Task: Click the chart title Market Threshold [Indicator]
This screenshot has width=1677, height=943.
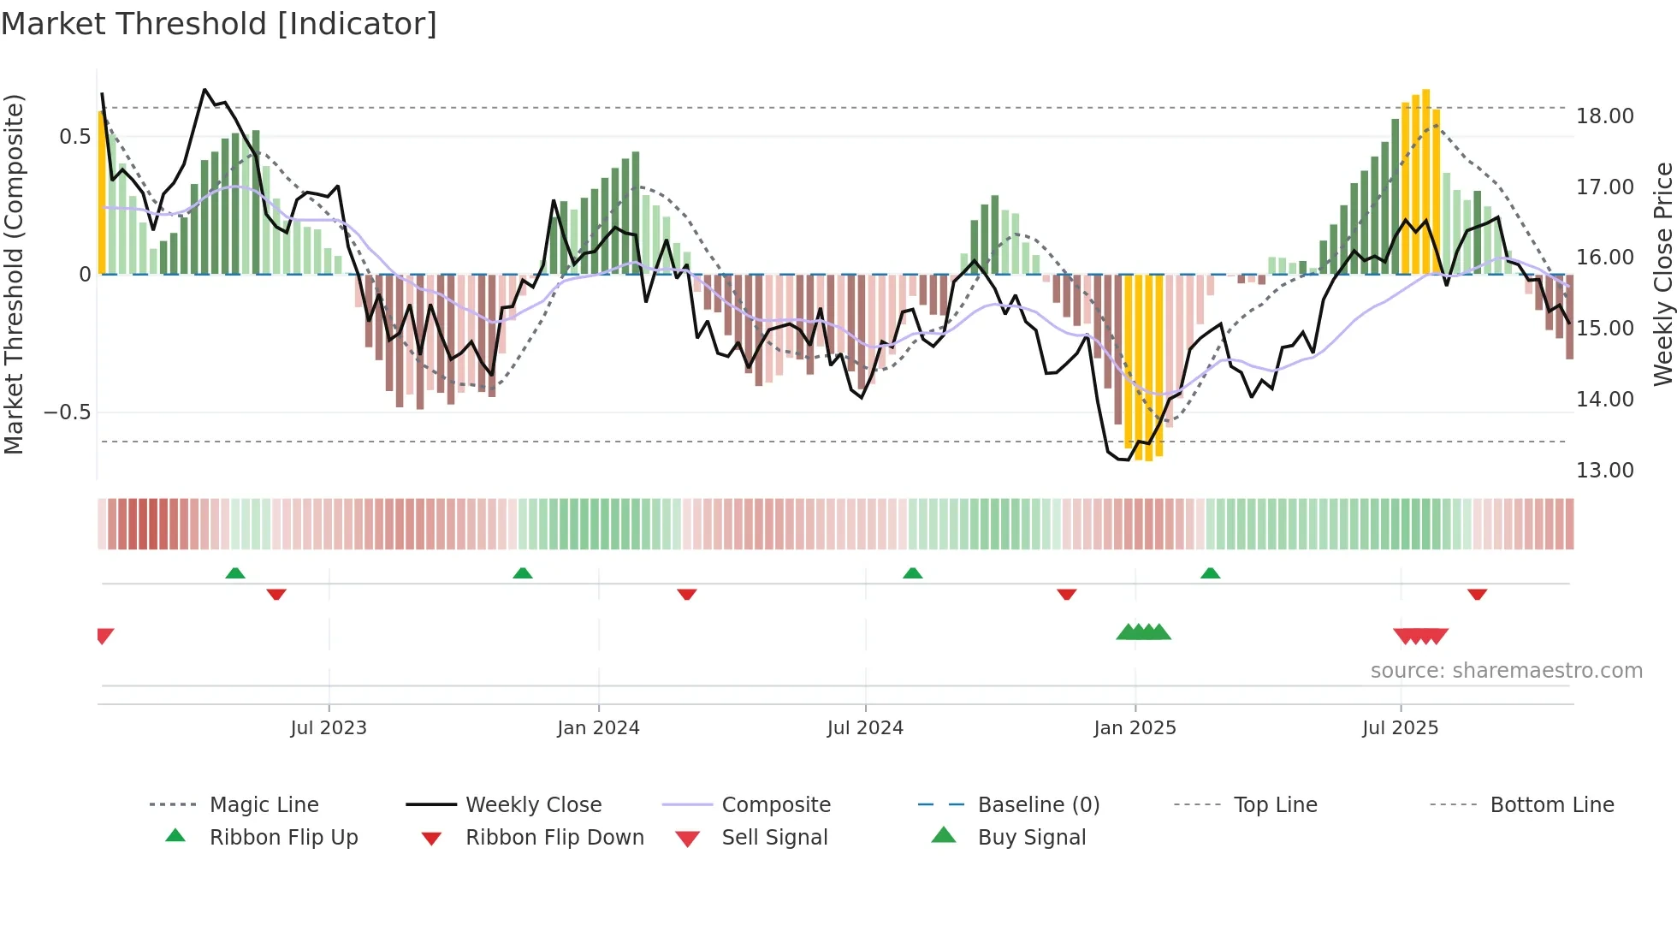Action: click(x=219, y=24)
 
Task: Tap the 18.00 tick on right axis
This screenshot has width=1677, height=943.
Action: click(x=1604, y=116)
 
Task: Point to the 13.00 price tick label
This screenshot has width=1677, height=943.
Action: click(x=1604, y=471)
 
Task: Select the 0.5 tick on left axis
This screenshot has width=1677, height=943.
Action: click(x=74, y=137)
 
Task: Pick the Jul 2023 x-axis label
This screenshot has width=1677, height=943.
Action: click(x=329, y=728)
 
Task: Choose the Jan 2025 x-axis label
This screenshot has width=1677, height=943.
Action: click(x=1135, y=728)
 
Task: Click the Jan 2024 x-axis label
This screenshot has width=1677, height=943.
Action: click(x=598, y=728)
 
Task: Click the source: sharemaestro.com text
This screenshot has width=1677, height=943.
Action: click(x=1506, y=671)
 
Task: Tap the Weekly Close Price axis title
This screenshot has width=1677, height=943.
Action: click(x=1662, y=274)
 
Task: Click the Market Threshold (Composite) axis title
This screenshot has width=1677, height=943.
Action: click(x=14, y=274)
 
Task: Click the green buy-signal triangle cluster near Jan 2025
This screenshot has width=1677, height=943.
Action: click(x=1144, y=632)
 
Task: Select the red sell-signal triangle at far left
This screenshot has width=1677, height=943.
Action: click(x=104, y=636)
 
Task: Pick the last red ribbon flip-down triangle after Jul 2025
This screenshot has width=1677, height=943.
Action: click(x=1477, y=594)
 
